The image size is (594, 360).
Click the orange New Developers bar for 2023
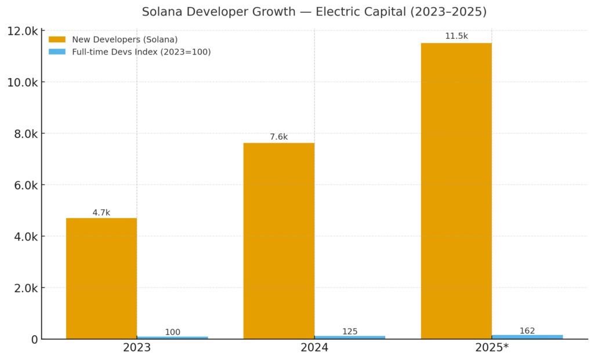(102, 278)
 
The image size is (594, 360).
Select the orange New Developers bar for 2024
(279, 241)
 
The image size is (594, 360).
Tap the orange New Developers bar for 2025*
(456, 191)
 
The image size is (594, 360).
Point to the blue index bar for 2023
(172, 337)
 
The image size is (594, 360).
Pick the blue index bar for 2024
(350, 337)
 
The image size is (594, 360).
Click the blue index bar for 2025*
(527, 336)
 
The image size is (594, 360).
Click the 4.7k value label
(102, 213)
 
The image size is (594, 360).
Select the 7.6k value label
(279, 137)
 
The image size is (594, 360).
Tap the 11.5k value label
(456, 36)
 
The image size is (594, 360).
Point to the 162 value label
(527, 330)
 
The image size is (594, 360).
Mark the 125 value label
(350, 332)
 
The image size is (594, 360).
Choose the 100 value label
(172, 332)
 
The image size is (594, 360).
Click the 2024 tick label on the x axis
(314, 348)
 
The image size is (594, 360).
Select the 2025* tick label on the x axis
(492, 348)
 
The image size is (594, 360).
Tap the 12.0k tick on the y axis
(22, 31)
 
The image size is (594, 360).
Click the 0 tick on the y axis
(35, 339)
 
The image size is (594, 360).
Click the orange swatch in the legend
(57, 39)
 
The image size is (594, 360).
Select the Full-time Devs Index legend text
(141, 52)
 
